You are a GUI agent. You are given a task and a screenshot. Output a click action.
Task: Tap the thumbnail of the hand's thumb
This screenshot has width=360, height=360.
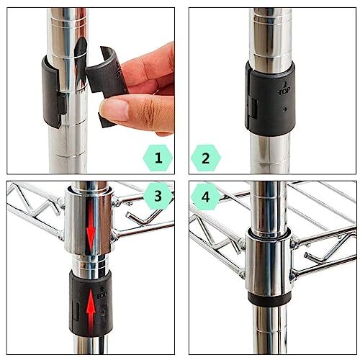116,109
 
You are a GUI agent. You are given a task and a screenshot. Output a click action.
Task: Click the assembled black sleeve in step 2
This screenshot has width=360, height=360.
270,98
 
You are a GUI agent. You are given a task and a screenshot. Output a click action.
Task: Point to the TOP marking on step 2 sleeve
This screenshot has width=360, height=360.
282,91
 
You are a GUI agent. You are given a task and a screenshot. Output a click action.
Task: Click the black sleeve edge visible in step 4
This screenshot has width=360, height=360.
269,298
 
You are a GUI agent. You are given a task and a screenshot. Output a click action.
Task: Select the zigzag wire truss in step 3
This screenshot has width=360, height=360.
32,212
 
